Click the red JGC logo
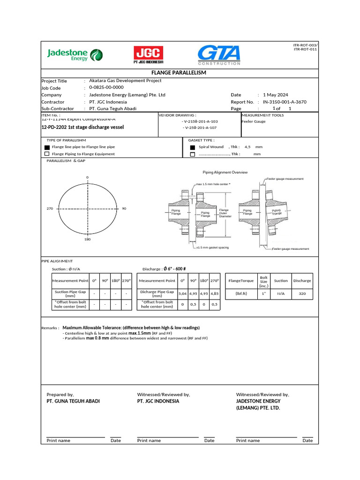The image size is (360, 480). point(149,55)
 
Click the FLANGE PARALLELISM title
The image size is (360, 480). point(179,73)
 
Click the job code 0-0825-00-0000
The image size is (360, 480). point(106,87)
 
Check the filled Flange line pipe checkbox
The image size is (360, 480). point(47,147)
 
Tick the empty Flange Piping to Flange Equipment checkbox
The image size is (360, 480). point(47,154)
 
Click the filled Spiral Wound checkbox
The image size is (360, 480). point(192,147)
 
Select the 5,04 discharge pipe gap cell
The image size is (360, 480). point(182,293)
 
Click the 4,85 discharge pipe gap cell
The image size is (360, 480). point(215,293)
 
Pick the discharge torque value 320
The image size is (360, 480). point(302,293)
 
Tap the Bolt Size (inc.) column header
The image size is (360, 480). point(263,281)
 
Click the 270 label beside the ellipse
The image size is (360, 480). point(50,208)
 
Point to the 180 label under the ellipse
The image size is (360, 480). point(87,239)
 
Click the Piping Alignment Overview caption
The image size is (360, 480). point(225,172)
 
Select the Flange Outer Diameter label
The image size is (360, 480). point(224,213)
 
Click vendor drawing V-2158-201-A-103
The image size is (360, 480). point(200,121)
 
